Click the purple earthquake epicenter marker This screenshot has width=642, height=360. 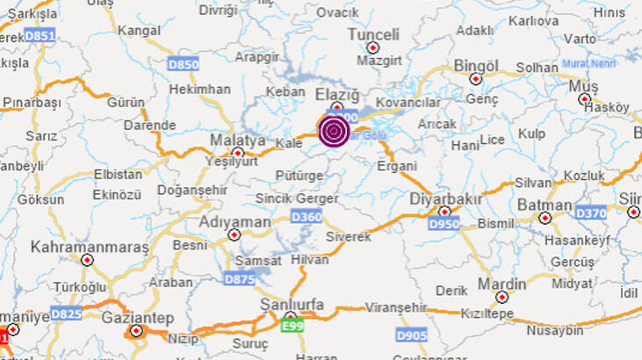tap(334, 132)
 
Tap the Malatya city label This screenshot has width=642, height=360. tap(238, 140)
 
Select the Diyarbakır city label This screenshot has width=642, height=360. tap(446, 199)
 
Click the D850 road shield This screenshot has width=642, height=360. tap(183, 64)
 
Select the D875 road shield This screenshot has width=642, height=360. tap(239, 279)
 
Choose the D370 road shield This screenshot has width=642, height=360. tap(591, 212)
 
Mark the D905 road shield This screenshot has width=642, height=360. tap(411, 335)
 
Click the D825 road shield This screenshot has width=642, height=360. tap(66, 313)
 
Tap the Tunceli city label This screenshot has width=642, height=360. tap(373, 34)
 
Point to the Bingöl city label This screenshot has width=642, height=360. tap(476, 66)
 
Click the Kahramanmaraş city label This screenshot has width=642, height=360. tap(90, 247)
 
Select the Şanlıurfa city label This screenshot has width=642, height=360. tap(292, 304)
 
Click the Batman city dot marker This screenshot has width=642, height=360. tap(545, 217)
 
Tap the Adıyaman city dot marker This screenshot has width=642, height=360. tap(234, 234)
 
